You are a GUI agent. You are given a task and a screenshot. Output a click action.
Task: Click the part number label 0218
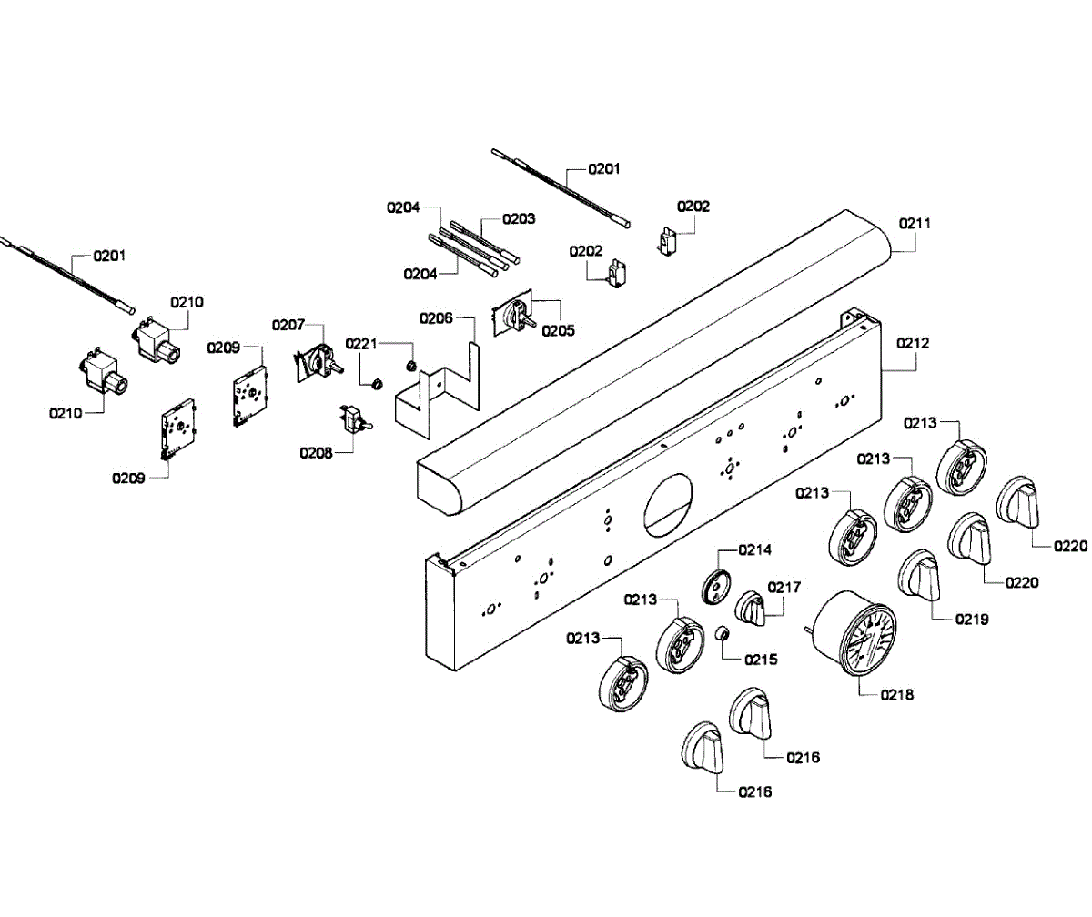897,695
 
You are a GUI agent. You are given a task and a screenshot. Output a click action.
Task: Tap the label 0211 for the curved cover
915,223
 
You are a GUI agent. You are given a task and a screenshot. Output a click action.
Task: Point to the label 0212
913,343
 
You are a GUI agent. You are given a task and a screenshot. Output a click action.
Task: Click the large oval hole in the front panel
668,505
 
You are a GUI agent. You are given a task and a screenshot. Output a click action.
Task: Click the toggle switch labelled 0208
356,418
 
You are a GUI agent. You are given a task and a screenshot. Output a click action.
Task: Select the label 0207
288,325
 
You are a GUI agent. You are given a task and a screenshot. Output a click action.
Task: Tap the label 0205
558,330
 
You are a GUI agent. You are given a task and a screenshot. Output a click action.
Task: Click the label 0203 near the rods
519,218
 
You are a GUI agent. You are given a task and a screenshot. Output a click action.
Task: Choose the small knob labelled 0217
750,608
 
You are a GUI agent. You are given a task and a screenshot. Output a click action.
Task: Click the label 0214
754,549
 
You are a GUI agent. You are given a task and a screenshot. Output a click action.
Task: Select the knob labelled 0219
918,575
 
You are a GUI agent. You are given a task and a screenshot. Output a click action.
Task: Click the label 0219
972,619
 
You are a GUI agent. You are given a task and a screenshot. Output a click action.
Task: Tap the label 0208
316,453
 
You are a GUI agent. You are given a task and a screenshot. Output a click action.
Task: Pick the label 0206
436,317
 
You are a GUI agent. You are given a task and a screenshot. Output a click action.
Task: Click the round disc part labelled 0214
716,587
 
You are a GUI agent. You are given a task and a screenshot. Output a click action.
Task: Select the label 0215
761,660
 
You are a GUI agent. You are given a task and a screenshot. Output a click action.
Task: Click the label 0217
784,588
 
